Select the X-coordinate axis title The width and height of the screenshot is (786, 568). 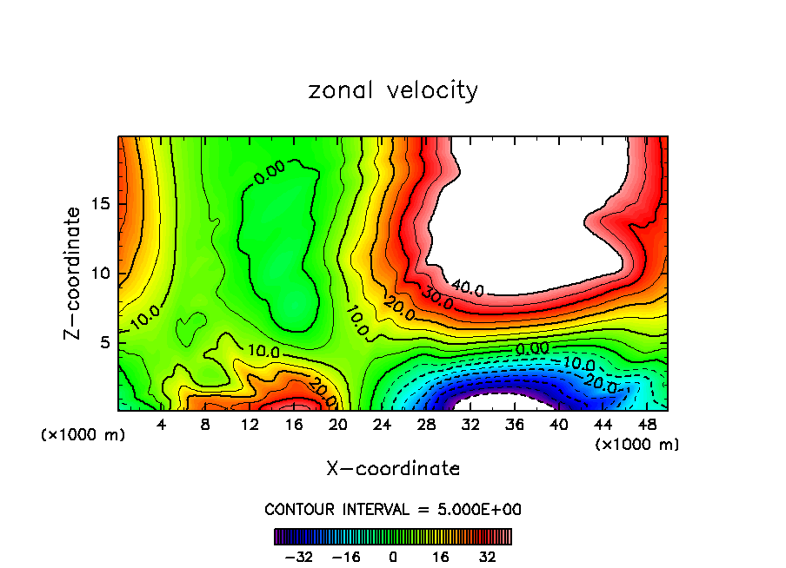pos(393,469)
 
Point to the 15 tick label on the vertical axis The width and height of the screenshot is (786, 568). pos(100,205)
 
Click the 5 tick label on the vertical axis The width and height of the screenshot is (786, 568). pos(104,343)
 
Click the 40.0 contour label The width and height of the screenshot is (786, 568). pos(468,287)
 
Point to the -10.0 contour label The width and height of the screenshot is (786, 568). pos(577,362)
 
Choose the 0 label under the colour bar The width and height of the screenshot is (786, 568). pos(393,557)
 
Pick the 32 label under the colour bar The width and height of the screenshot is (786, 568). pos(487,557)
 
